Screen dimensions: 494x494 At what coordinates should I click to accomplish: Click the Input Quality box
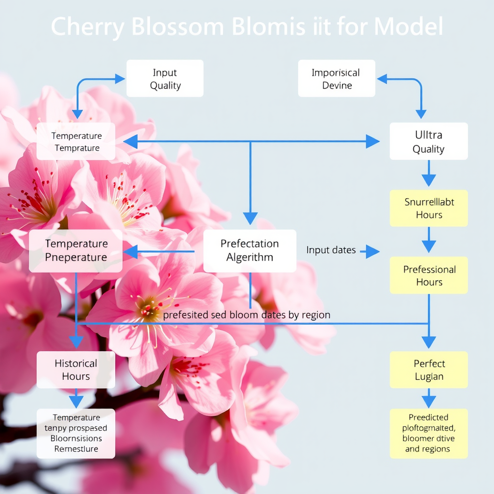tap(165, 79)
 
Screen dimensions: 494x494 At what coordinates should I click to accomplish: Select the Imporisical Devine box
tap(336, 79)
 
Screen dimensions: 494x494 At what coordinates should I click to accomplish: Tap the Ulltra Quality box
tap(428, 141)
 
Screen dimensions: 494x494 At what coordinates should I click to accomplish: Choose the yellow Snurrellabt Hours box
tap(428, 208)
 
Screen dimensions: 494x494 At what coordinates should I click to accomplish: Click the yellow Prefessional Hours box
tap(428, 275)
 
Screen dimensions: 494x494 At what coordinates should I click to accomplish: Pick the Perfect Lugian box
tap(428, 370)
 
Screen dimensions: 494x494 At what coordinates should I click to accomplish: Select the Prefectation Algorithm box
tap(249, 250)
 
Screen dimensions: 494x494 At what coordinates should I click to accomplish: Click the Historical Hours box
tap(76, 370)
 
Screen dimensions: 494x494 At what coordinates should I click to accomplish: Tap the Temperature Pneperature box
tap(76, 250)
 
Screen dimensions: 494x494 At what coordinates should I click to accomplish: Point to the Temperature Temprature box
tap(76, 141)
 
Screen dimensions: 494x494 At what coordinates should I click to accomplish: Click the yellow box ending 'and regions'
tap(428, 433)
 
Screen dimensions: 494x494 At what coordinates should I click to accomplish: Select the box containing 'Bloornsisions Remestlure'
tap(76, 433)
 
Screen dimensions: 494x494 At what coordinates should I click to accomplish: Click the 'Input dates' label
tap(331, 250)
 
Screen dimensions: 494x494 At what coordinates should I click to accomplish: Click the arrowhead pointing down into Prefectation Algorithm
tap(250, 219)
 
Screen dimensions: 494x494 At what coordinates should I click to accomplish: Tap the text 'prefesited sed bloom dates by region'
tap(247, 315)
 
